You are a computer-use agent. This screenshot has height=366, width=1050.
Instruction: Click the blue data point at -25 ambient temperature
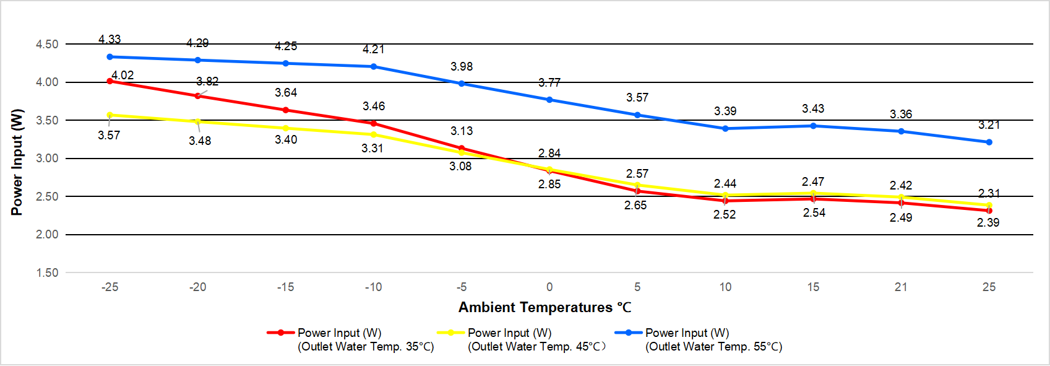(x=110, y=57)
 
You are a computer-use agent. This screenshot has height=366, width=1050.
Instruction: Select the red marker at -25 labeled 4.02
(x=110, y=81)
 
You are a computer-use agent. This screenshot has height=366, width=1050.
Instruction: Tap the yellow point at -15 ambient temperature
(x=286, y=128)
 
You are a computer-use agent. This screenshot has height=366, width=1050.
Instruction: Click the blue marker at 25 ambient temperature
(x=989, y=142)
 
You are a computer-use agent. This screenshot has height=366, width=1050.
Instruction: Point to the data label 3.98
(x=462, y=66)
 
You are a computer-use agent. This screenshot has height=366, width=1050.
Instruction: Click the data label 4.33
(x=110, y=39)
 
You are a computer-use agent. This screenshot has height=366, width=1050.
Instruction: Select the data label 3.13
(x=462, y=131)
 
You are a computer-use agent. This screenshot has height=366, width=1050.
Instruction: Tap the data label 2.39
(x=988, y=222)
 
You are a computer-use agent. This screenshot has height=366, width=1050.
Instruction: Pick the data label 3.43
(x=813, y=108)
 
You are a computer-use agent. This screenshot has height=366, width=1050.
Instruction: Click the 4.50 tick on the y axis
(x=47, y=44)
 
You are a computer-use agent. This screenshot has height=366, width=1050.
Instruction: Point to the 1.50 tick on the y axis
(x=47, y=272)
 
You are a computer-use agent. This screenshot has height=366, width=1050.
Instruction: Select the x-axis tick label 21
(x=901, y=287)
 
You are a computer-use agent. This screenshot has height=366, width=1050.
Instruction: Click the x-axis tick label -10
(x=373, y=287)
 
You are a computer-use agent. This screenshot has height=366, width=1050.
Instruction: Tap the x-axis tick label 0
(x=549, y=287)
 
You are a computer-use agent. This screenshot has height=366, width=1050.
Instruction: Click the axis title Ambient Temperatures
(x=544, y=307)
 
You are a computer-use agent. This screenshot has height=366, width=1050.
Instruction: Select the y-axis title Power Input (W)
(x=17, y=162)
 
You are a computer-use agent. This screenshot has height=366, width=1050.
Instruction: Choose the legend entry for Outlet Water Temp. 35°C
(x=365, y=339)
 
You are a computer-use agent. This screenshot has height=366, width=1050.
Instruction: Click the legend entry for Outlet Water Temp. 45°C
(x=536, y=339)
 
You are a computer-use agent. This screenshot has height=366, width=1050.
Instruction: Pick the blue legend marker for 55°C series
(x=629, y=333)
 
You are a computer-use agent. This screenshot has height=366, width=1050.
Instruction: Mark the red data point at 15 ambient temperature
(x=813, y=199)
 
